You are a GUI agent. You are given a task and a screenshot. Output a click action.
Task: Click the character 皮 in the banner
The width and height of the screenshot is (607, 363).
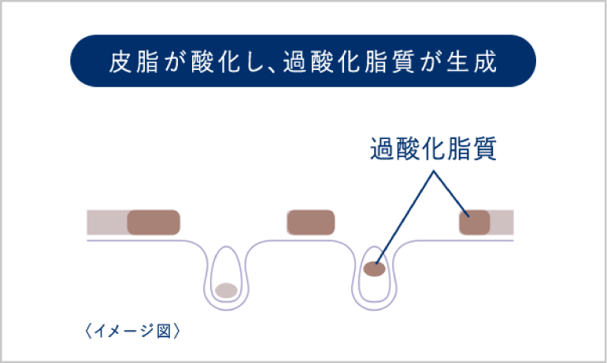coord(119,61)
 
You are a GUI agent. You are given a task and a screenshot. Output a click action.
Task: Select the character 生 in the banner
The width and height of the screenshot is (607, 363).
coord(461,61)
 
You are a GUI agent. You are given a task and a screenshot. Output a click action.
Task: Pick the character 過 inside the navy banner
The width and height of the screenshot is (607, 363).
coord(288,61)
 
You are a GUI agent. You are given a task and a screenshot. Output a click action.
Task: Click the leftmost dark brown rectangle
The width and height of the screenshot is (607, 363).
coord(154,222)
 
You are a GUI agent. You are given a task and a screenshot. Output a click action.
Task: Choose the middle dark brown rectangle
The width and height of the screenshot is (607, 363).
coord(311,222)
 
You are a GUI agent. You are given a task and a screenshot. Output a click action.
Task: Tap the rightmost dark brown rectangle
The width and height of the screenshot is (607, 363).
coord(474,222)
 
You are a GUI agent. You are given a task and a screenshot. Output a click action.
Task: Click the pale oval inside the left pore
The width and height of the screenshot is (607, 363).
coord(227,290)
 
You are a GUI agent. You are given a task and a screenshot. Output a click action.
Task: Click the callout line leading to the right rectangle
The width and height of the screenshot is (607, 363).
coord(449,192)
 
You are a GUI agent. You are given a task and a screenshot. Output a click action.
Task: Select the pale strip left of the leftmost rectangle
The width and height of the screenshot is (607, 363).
coord(107,222)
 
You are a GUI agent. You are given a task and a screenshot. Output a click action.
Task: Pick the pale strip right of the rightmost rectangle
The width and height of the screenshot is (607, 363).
coord(502,222)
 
